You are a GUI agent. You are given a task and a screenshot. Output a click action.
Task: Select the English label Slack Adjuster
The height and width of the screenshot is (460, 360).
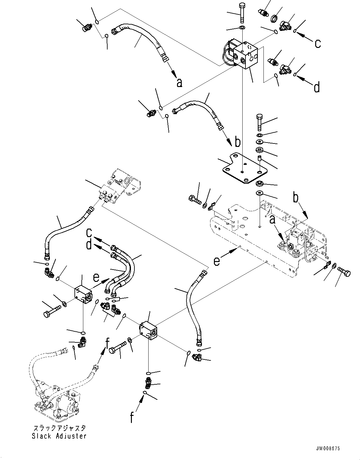tap(59, 436)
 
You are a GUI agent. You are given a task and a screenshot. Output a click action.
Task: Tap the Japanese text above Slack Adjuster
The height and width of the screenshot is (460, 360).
tap(59, 428)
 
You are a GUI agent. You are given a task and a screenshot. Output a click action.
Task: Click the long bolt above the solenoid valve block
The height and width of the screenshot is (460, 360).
tap(242, 13)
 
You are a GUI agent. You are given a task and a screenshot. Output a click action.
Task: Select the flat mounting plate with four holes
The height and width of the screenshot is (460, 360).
tap(245, 167)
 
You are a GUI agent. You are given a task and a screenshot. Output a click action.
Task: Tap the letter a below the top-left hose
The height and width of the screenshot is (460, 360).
tap(179, 83)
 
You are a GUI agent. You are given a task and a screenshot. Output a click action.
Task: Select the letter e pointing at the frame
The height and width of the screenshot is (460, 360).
tap(217, 261)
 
